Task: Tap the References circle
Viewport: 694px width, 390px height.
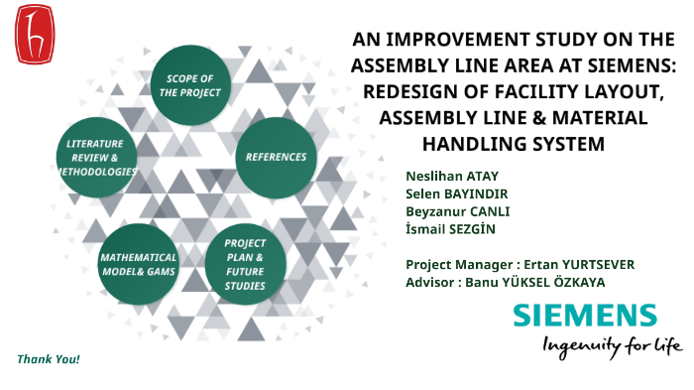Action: pos(276,157)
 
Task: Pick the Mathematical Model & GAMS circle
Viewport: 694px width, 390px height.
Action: pos(138,263)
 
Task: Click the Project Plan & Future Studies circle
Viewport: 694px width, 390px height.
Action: pos(245,263)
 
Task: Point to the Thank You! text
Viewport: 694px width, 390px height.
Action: pos(48,358)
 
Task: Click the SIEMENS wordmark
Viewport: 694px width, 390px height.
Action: pos(584,317)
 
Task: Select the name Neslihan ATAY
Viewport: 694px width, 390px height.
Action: pos(445,176)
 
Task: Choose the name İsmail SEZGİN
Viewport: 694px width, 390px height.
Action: pos(450,229)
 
